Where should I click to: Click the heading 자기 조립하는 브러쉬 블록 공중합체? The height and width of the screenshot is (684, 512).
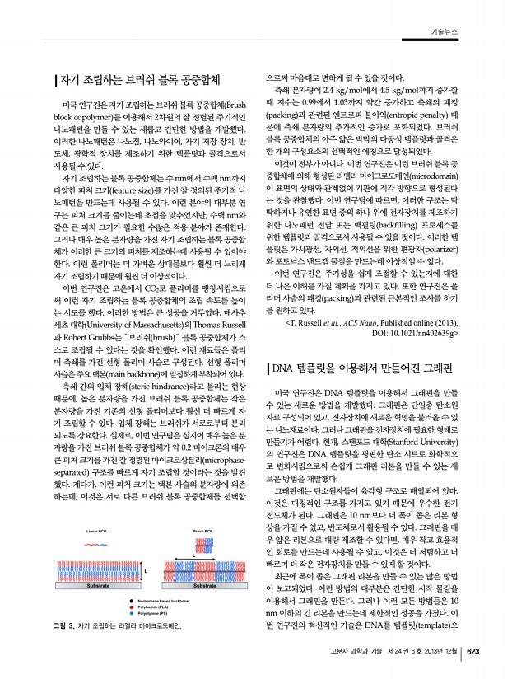(140, 80)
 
